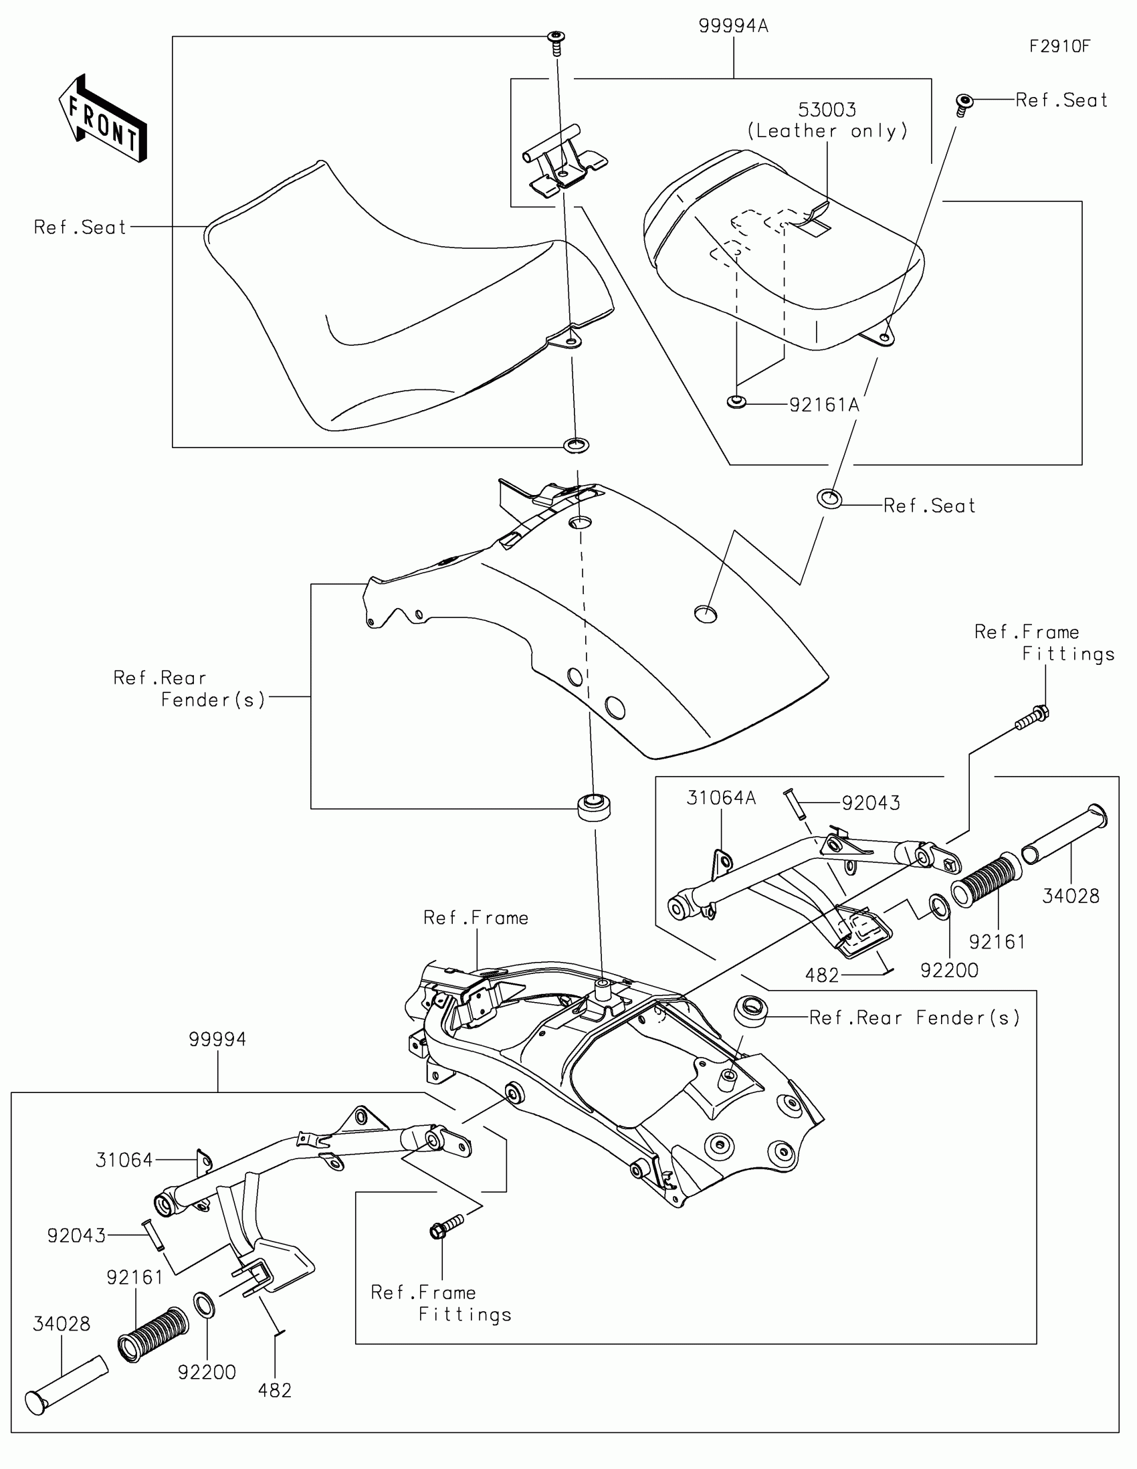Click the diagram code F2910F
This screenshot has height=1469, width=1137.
pos(1059,46)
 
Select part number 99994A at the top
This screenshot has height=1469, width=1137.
pos(733,26)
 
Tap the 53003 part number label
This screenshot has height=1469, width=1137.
pos(827,110)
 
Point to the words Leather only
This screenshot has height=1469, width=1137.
pos(827,131)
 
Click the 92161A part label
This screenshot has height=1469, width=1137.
pos(824,405)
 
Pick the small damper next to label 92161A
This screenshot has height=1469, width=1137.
pos(737,403)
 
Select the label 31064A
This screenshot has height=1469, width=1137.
pos(721,798)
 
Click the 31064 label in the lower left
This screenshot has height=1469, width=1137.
pos(124,1160)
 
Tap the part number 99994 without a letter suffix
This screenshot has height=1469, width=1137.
pos(217,1039)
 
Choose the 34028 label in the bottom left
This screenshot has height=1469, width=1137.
pos(61,1324)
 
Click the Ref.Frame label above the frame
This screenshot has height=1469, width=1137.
pos(476,918)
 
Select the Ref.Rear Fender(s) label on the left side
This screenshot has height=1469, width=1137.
pos(190,689)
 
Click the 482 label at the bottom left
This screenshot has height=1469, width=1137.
pos(274,1390)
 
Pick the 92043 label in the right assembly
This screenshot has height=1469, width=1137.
pos(871,803)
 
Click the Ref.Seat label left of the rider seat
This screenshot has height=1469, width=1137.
pos(80,227)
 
